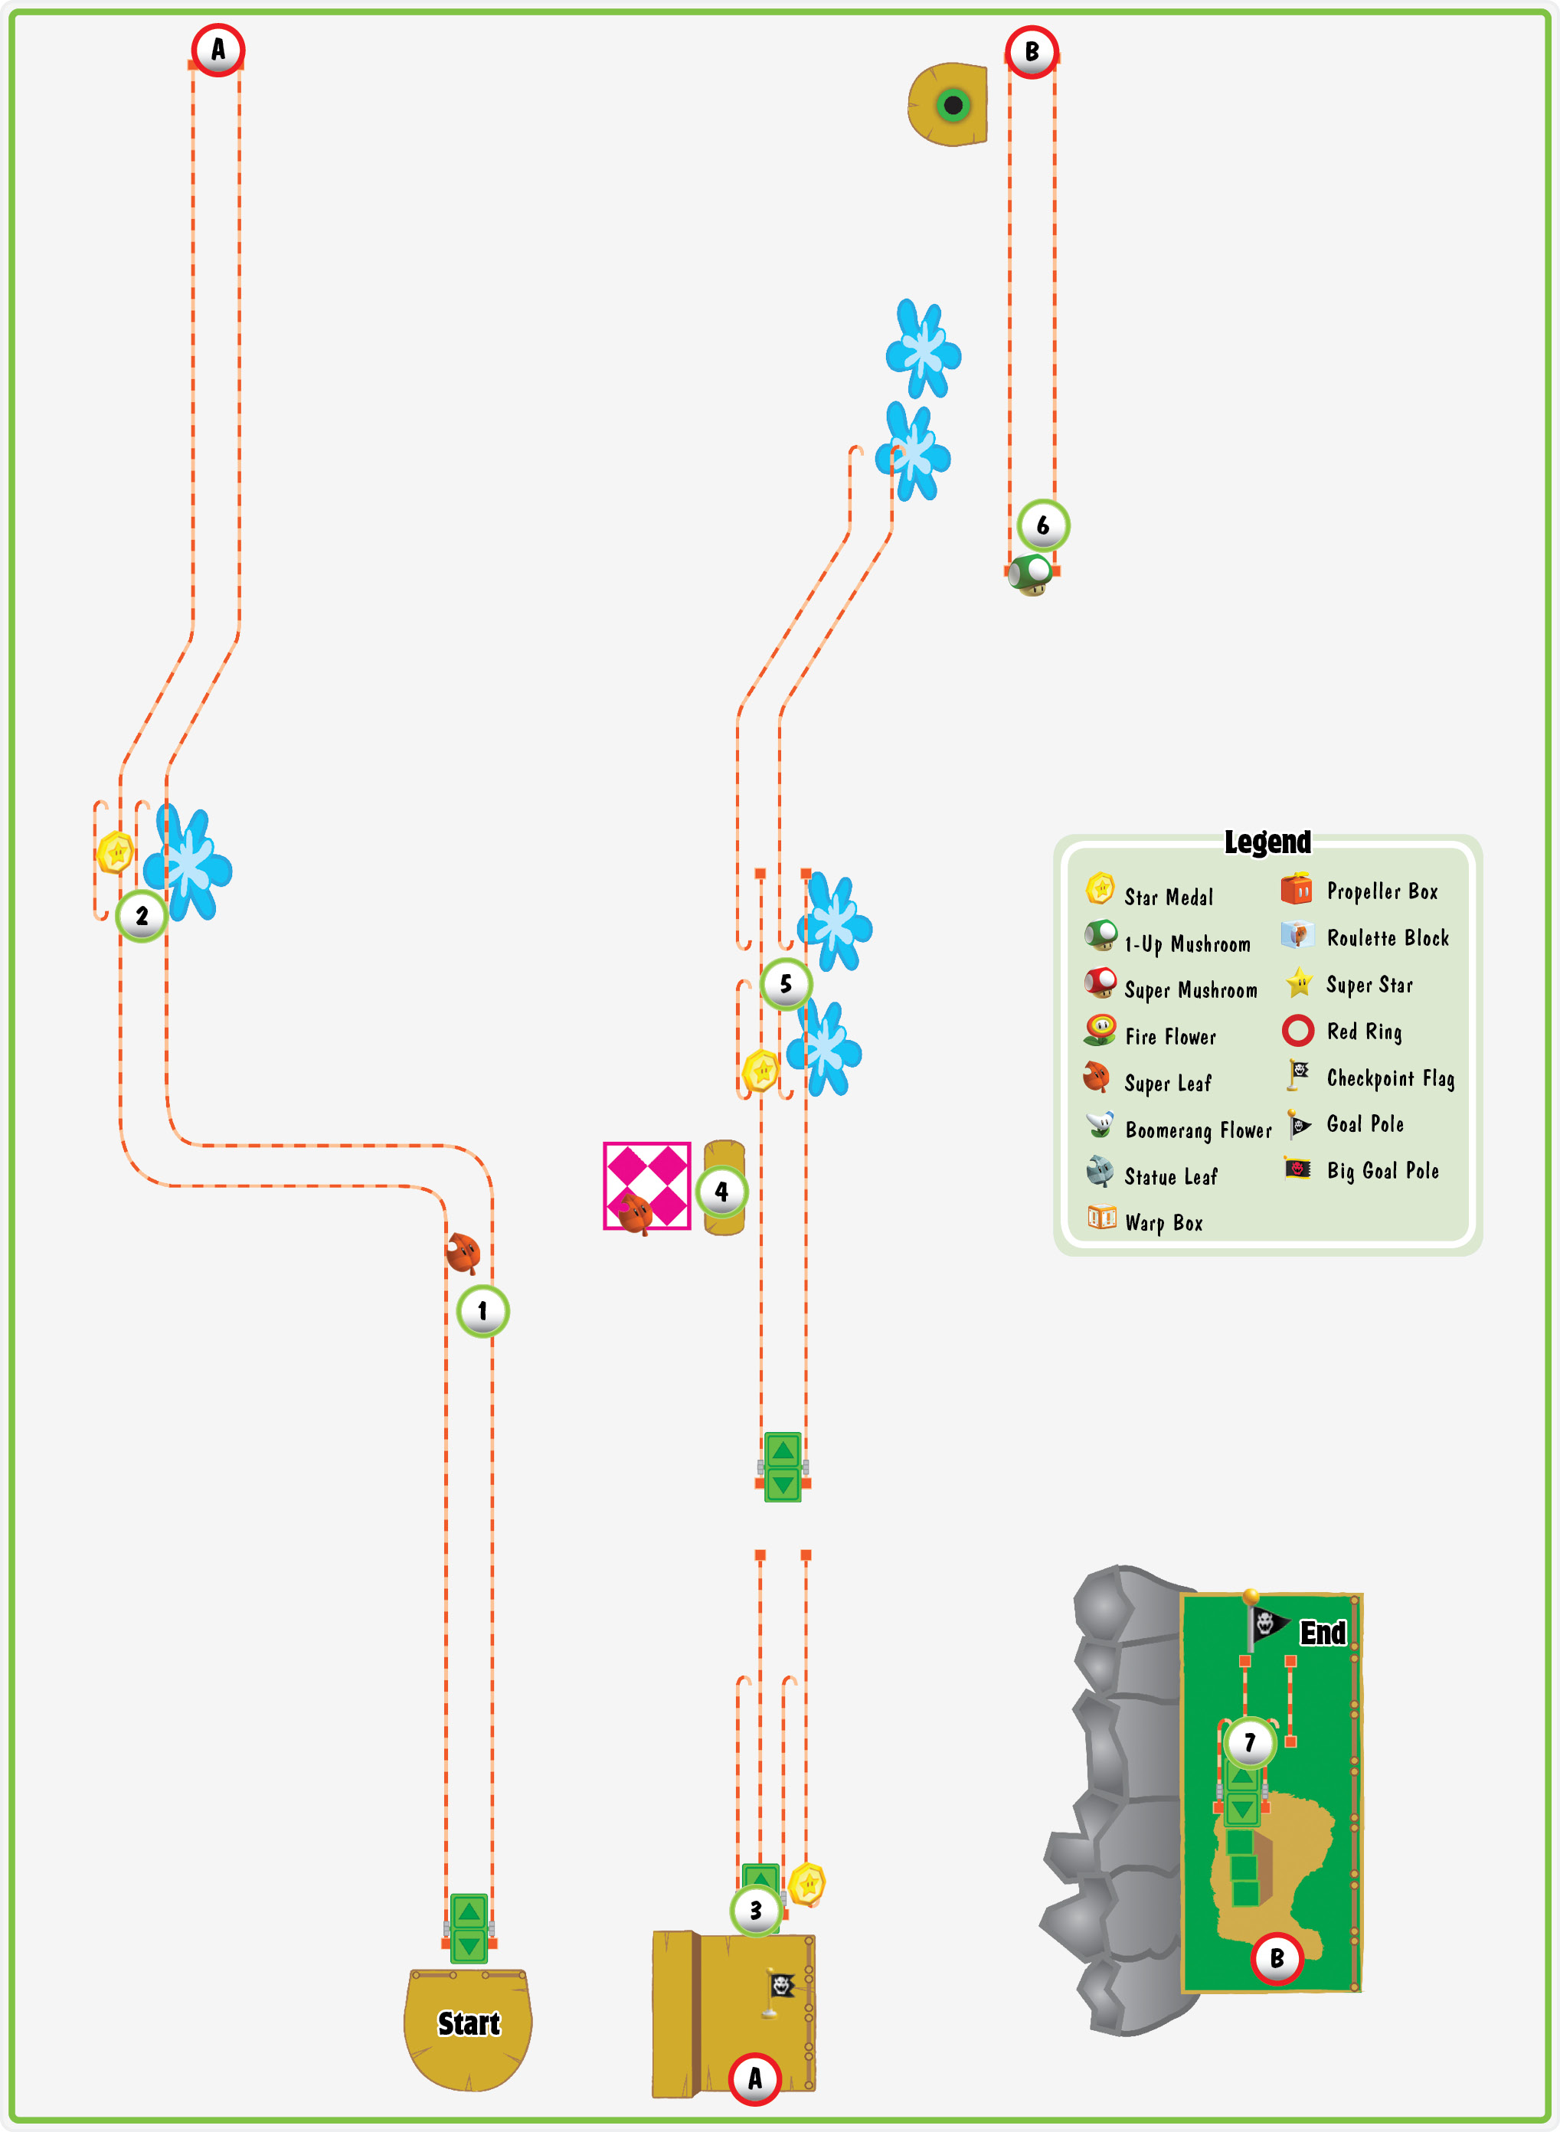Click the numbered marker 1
482,1310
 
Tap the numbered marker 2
142,915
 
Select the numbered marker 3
755,1910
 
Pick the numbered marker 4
721,1192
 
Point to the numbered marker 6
1042,525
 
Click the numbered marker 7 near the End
1249,1742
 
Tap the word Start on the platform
469,2023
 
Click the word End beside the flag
1323,1633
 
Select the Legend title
1267,842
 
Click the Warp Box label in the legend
1163,1223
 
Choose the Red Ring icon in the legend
1298,1030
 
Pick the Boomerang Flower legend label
1199,1130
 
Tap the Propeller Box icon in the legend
1297,888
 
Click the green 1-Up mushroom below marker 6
1029,575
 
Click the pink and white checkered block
647,1186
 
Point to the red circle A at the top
218,50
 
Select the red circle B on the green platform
1277,1958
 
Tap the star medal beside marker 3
807,1885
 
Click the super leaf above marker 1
463,1253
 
